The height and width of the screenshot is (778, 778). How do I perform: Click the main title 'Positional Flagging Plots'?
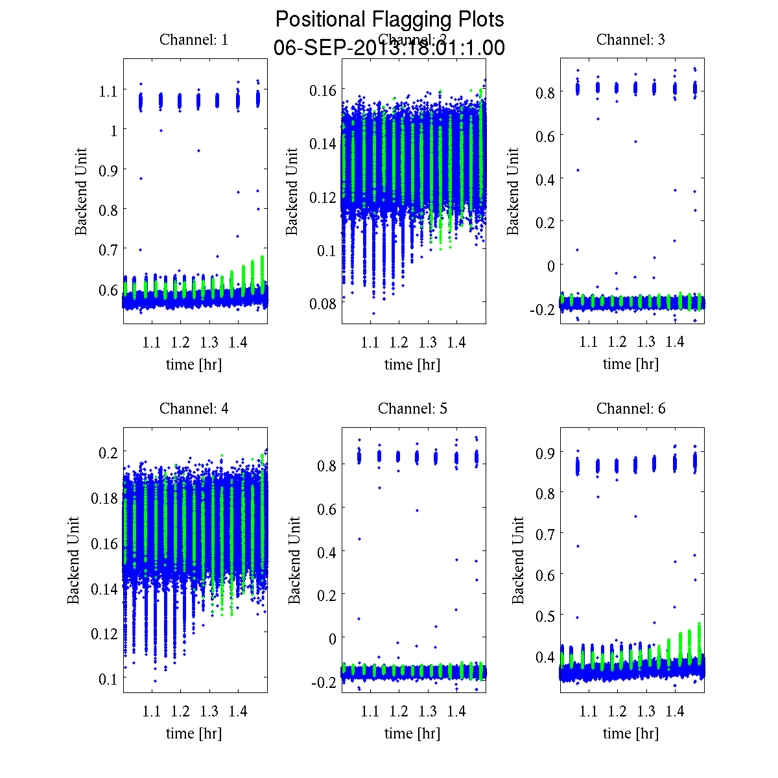point(389,19)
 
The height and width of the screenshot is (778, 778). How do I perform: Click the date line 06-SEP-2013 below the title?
point(389,48)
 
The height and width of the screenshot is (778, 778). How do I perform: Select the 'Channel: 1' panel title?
point(194,40)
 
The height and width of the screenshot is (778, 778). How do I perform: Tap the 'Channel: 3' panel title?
point(631,40)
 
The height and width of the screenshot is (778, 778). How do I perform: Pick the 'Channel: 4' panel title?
point(194,408)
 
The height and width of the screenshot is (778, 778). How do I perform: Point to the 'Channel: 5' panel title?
point(412,408)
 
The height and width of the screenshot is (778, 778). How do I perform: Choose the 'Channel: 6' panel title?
point(631,408)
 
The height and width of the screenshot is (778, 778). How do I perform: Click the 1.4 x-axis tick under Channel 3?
point(675,342)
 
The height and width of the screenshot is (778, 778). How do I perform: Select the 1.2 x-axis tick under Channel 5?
point(399,711)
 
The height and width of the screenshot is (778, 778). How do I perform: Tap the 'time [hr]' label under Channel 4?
point(194,733)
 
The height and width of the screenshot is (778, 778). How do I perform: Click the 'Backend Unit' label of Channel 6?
point(518,561)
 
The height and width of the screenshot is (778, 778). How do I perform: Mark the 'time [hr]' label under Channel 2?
point(412,364)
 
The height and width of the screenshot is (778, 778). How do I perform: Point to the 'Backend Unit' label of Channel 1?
point(81,192)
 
